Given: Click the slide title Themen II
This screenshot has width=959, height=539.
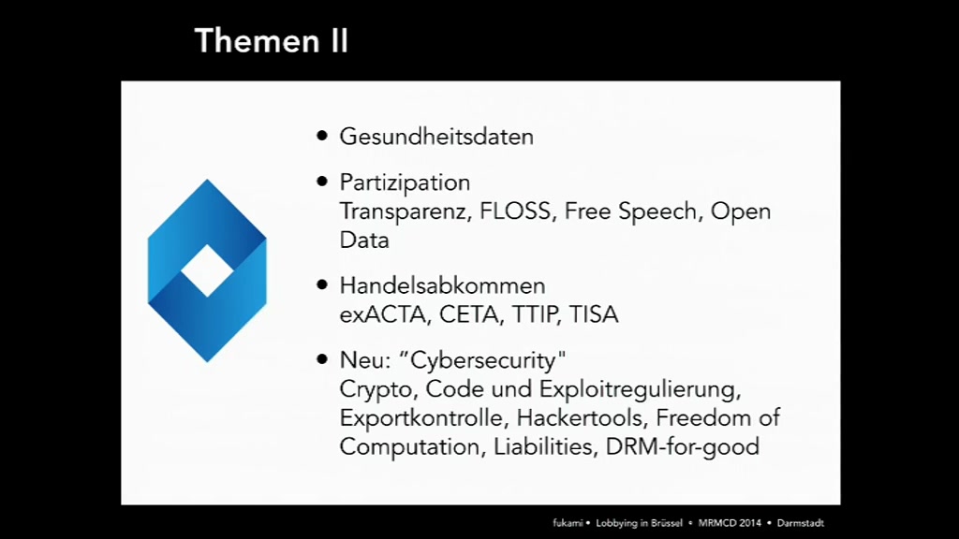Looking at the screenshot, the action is (271, 41).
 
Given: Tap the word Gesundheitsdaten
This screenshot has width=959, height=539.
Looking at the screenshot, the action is (436, 137).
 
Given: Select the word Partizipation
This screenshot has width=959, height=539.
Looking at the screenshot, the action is (405, 182).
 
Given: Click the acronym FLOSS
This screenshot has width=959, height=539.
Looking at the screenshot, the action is (515, 211).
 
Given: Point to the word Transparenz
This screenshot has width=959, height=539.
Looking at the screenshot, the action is (405, 212).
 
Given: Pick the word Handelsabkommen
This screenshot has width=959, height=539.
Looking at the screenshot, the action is (442, 285).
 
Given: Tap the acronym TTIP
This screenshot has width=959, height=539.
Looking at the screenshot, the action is (535, 314).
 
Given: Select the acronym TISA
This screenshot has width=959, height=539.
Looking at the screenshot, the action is (594, 314).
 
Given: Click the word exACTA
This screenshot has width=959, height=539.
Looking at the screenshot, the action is (383, 314).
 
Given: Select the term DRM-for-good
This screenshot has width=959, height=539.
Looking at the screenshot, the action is (683, 446).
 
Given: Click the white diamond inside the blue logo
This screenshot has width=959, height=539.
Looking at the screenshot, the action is (207, 270).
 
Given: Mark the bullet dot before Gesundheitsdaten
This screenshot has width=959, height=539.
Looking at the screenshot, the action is (322, 136).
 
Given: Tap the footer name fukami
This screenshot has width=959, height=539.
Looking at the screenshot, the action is (568, 523).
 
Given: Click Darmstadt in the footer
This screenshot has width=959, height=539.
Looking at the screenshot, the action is (801, 523).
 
